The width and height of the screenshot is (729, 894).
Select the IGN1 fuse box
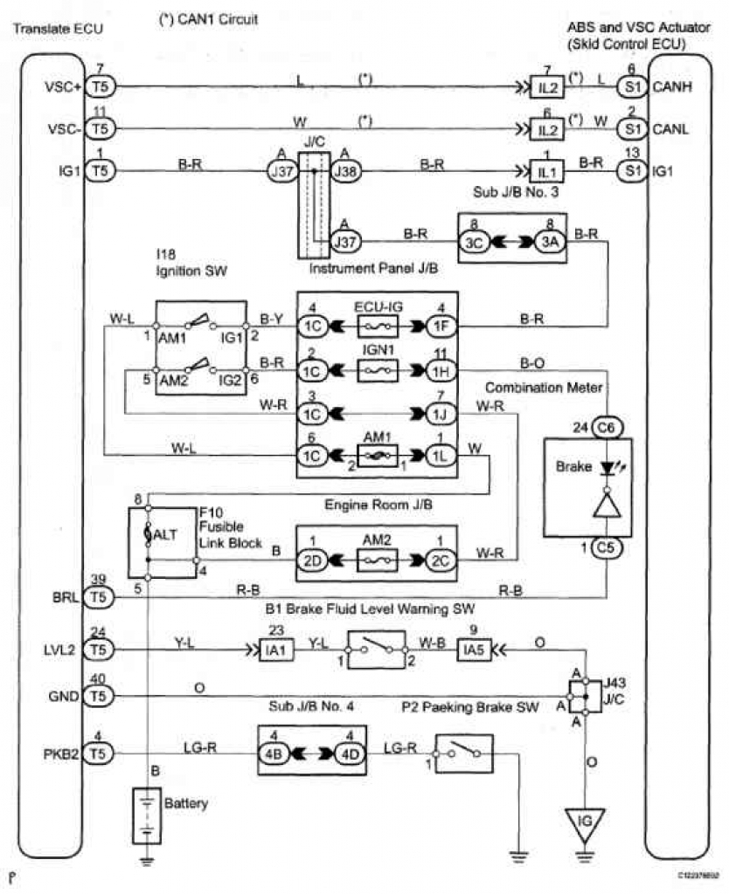[x=377, y=370]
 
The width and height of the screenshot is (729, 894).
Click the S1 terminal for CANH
[x=632, y=86]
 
